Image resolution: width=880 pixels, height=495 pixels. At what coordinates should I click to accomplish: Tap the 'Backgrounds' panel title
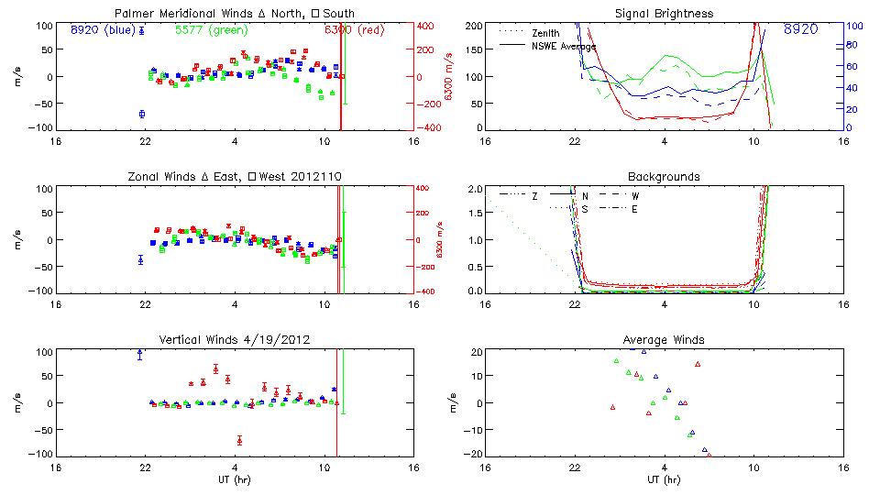pyautogui.click(x=665, y=176)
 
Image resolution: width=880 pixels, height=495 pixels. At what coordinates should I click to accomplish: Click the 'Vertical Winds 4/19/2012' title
pyautogui.click(x=236, y=340)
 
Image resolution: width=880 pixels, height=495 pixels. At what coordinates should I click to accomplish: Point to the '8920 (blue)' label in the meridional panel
pyautogui.click(x=104, y=29)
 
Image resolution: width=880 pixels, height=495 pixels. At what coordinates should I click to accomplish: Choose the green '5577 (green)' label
pyautogui.click(x=211, y=29)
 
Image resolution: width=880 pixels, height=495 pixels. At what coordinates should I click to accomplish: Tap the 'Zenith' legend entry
pyautogui.click(x=546, y=32)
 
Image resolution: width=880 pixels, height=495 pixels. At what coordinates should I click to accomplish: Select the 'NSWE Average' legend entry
pyautogui.click(x=564, y=46)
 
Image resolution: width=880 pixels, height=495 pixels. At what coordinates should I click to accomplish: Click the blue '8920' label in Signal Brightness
pyautogui.click(x=801, y=29)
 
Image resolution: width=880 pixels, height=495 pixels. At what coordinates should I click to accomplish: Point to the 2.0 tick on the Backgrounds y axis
pyautogui.click(x=475, y=189)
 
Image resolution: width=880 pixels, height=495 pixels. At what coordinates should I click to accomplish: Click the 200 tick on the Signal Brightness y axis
pyautogui.click(x=473, y=26)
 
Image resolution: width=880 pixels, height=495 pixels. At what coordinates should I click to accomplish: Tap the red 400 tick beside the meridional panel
pyautogui.click(x=426, y=26)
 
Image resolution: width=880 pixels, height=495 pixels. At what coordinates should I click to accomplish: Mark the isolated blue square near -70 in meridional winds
pyautogui.click(x=142, y=114)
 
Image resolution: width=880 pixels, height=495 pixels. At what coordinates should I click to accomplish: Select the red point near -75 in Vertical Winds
pyautogui.click(x=239, y=441)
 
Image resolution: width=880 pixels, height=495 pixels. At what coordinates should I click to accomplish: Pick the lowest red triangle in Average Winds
pyautogui.click(x=709, y=454)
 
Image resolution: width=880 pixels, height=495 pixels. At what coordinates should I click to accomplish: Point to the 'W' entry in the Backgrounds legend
pyautogui.click(x=635, y=196)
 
